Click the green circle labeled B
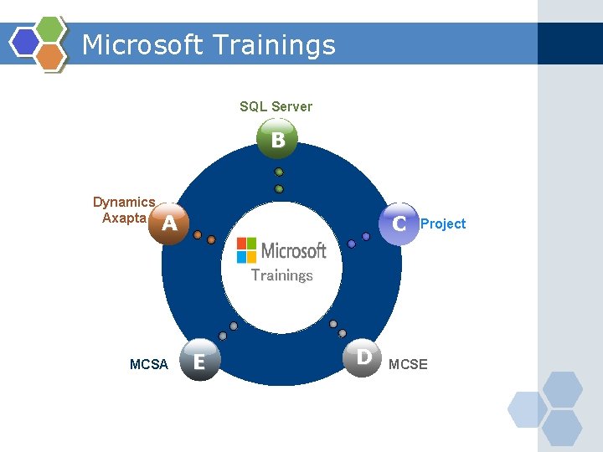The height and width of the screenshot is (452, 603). (278, 140)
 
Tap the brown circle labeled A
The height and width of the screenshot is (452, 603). (170, 223)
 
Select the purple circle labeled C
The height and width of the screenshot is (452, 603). (399, 223)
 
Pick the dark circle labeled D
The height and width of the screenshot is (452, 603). (363, 357)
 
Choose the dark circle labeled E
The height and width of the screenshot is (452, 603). (199, 361)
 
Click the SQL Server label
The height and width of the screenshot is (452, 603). (276, 106)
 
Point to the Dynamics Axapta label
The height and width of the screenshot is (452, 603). (124, 210)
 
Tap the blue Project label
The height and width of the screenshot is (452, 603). (443, 223)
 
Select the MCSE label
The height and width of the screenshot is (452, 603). (408, 364)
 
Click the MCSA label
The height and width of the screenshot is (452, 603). (149, 364)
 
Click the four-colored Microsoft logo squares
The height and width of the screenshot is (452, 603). (246, 249)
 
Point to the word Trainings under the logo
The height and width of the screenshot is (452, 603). (282, 275)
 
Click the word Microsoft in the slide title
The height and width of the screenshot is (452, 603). (142, 44)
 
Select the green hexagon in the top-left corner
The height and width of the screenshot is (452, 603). (51, 28)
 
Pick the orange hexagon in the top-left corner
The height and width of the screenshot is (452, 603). (51, 55)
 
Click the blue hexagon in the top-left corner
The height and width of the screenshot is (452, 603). (26, 41)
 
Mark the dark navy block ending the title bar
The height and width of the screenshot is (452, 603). (569, 44)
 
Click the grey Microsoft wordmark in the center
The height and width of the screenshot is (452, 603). (293, 250)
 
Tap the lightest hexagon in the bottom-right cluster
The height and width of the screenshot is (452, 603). (528, 409)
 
